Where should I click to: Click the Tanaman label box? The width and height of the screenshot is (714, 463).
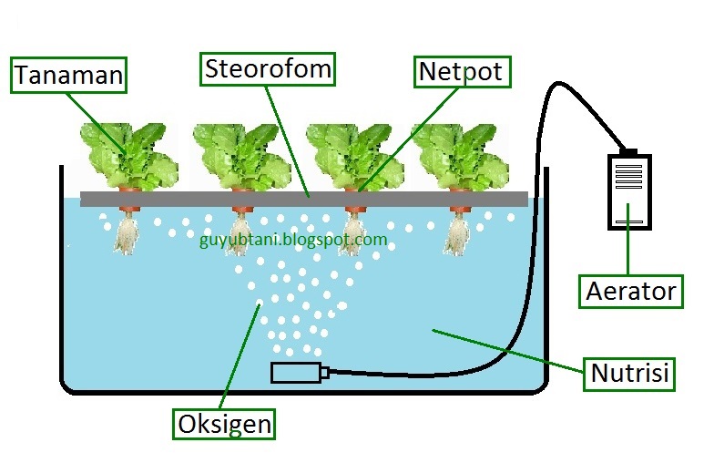point(68,75)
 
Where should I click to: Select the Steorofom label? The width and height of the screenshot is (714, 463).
point(268,68)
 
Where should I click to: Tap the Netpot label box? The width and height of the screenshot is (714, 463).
point(461,71)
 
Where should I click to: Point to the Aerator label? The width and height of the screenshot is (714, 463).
point(631,291)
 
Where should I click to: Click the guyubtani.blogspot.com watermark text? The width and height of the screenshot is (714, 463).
point(292,241)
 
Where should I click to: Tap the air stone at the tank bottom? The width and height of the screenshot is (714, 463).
point(296,372)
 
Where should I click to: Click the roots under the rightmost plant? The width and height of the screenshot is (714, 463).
point(456,233)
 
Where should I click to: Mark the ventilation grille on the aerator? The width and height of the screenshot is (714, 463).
point(629,175)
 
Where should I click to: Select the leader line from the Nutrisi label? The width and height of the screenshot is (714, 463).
point(510,351)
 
